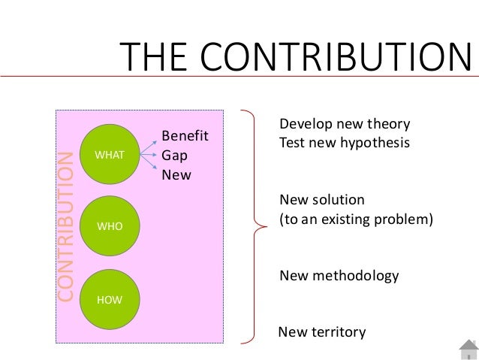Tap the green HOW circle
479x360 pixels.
tap(110, 300)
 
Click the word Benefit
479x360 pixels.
tap(184, 137)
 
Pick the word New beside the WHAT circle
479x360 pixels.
tap(176, 174)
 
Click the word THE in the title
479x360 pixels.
tap(152, 58)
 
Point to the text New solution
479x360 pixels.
tap(321, 201)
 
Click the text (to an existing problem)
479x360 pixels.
tap(357, 222)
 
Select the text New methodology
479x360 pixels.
tap(339, 276)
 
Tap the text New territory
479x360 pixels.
tap(322, 331)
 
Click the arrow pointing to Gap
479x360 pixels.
tap(150, 156)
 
